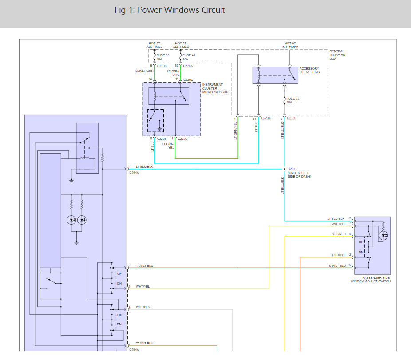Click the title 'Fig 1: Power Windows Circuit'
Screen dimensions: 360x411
pos(169,10)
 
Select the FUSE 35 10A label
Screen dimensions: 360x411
pos(162,57)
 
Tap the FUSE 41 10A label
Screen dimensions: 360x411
pos(189,57)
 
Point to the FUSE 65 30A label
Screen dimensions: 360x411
pos(292,100)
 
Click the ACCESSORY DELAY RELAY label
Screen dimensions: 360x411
pos(309,70)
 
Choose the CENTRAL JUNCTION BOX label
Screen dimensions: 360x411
pos(337,55)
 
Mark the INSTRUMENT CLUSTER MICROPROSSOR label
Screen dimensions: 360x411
pos(215,88)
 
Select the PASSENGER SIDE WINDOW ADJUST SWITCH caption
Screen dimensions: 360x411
pos(371,279)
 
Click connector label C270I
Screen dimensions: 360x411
pos(291,118)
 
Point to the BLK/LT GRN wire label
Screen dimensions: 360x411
pos(144,71)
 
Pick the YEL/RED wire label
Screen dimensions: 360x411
pos(339,234)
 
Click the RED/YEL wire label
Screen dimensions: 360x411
pos(339,255)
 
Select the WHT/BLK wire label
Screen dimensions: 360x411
pos(143,307)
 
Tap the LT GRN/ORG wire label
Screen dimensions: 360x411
pos(173,73)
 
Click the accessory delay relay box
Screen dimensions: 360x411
pos(275,75)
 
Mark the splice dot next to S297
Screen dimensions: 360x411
pos(284,169)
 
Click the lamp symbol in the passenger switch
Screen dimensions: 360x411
pos(383,236)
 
